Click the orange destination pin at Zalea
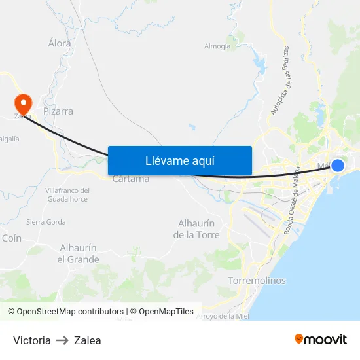coord(23,103)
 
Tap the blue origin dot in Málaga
coord(338,165)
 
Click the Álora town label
coord(59,43)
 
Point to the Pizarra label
coord(58,111)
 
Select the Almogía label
coord(217,46)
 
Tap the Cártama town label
coord(131,179)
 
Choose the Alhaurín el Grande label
coord(78,254)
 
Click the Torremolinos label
coord(257,281)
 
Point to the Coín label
coord(12,239)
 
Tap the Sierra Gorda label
coord(46,222)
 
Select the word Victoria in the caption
coord(32,340)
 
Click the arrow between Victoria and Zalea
coord(62,340)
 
